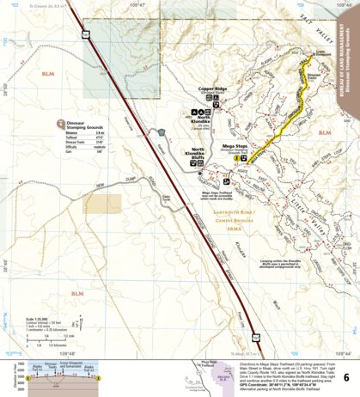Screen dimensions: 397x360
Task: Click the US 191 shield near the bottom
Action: point(255,327)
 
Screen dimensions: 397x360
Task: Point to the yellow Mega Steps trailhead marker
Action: point(225,181)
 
